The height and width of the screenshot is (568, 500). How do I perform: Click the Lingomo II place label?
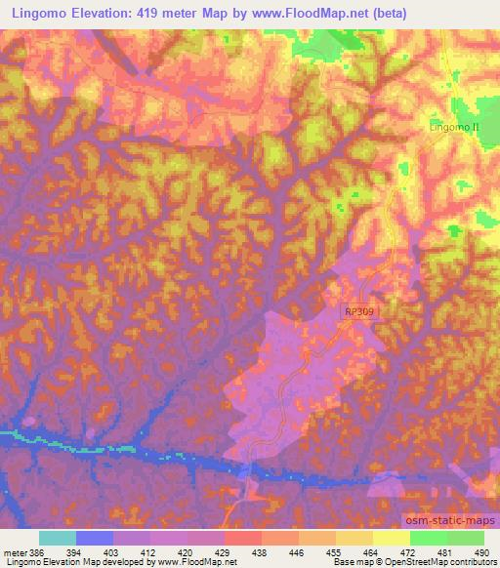pos(455,128)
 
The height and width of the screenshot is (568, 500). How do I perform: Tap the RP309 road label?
pos(358,310)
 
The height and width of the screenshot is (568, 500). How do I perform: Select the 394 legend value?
pos(87,551)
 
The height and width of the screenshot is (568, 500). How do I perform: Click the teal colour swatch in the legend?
pos(58,538)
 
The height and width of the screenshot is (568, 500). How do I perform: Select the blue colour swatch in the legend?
pos(95,538)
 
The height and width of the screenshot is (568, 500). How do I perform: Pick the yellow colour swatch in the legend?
pos(390,538)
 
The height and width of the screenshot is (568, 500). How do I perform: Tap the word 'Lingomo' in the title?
pos(40,13)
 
